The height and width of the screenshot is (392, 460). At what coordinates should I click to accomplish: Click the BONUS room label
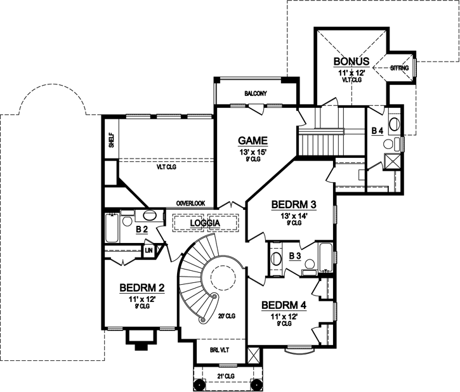point(352,62)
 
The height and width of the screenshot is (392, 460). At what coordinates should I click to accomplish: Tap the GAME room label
point(253,140)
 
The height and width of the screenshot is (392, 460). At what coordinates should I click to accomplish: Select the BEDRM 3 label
point(293,205)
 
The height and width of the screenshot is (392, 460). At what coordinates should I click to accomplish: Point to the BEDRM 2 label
point(142,289)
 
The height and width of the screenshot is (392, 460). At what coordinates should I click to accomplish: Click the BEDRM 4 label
point(284,305)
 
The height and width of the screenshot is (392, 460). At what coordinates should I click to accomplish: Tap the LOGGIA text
point(205,224)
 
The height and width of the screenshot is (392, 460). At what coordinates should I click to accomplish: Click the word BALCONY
point(256,94)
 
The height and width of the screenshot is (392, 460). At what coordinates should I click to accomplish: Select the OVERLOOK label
point(191,203)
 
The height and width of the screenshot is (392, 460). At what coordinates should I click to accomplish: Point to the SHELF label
point(111,140)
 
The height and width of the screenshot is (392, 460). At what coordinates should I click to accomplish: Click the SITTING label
point(400,67)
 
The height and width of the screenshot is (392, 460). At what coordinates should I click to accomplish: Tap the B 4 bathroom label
point(378,131)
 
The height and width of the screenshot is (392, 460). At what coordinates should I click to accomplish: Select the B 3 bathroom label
point(295,256)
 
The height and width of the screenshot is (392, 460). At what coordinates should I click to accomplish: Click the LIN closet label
point(149,251)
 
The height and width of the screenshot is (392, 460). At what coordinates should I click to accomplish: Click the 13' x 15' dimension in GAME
point(253,152)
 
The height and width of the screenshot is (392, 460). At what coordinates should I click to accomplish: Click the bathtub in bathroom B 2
point(111,228)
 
